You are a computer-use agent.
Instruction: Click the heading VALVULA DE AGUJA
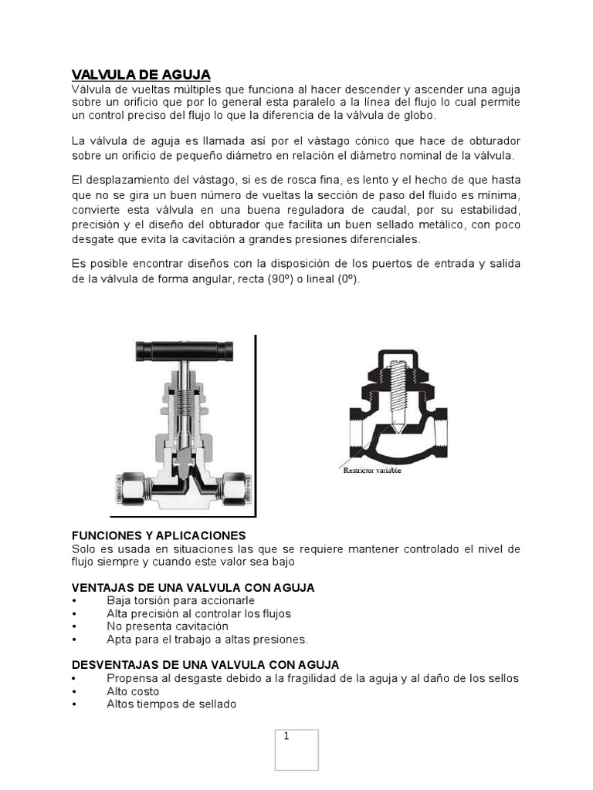(x=141, y=75)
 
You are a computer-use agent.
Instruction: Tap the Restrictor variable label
(x=372, y=470)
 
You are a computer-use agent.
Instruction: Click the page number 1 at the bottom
(x=286, y=736)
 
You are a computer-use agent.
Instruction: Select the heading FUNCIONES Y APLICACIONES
(x=158, y=535)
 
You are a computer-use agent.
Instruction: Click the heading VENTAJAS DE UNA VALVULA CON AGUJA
(x=193, y=588)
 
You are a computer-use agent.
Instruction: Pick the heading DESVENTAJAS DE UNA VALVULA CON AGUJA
(x=205, y=664)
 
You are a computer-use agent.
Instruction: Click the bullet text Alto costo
(x=133, y=691)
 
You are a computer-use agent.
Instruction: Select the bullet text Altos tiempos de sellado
(x=171, y=704)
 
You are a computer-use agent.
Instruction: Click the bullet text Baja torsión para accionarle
(x=181, y=600)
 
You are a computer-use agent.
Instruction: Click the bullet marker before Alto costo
(x=74, y=691)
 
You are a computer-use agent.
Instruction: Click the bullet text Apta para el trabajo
(x=207, y=640)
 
